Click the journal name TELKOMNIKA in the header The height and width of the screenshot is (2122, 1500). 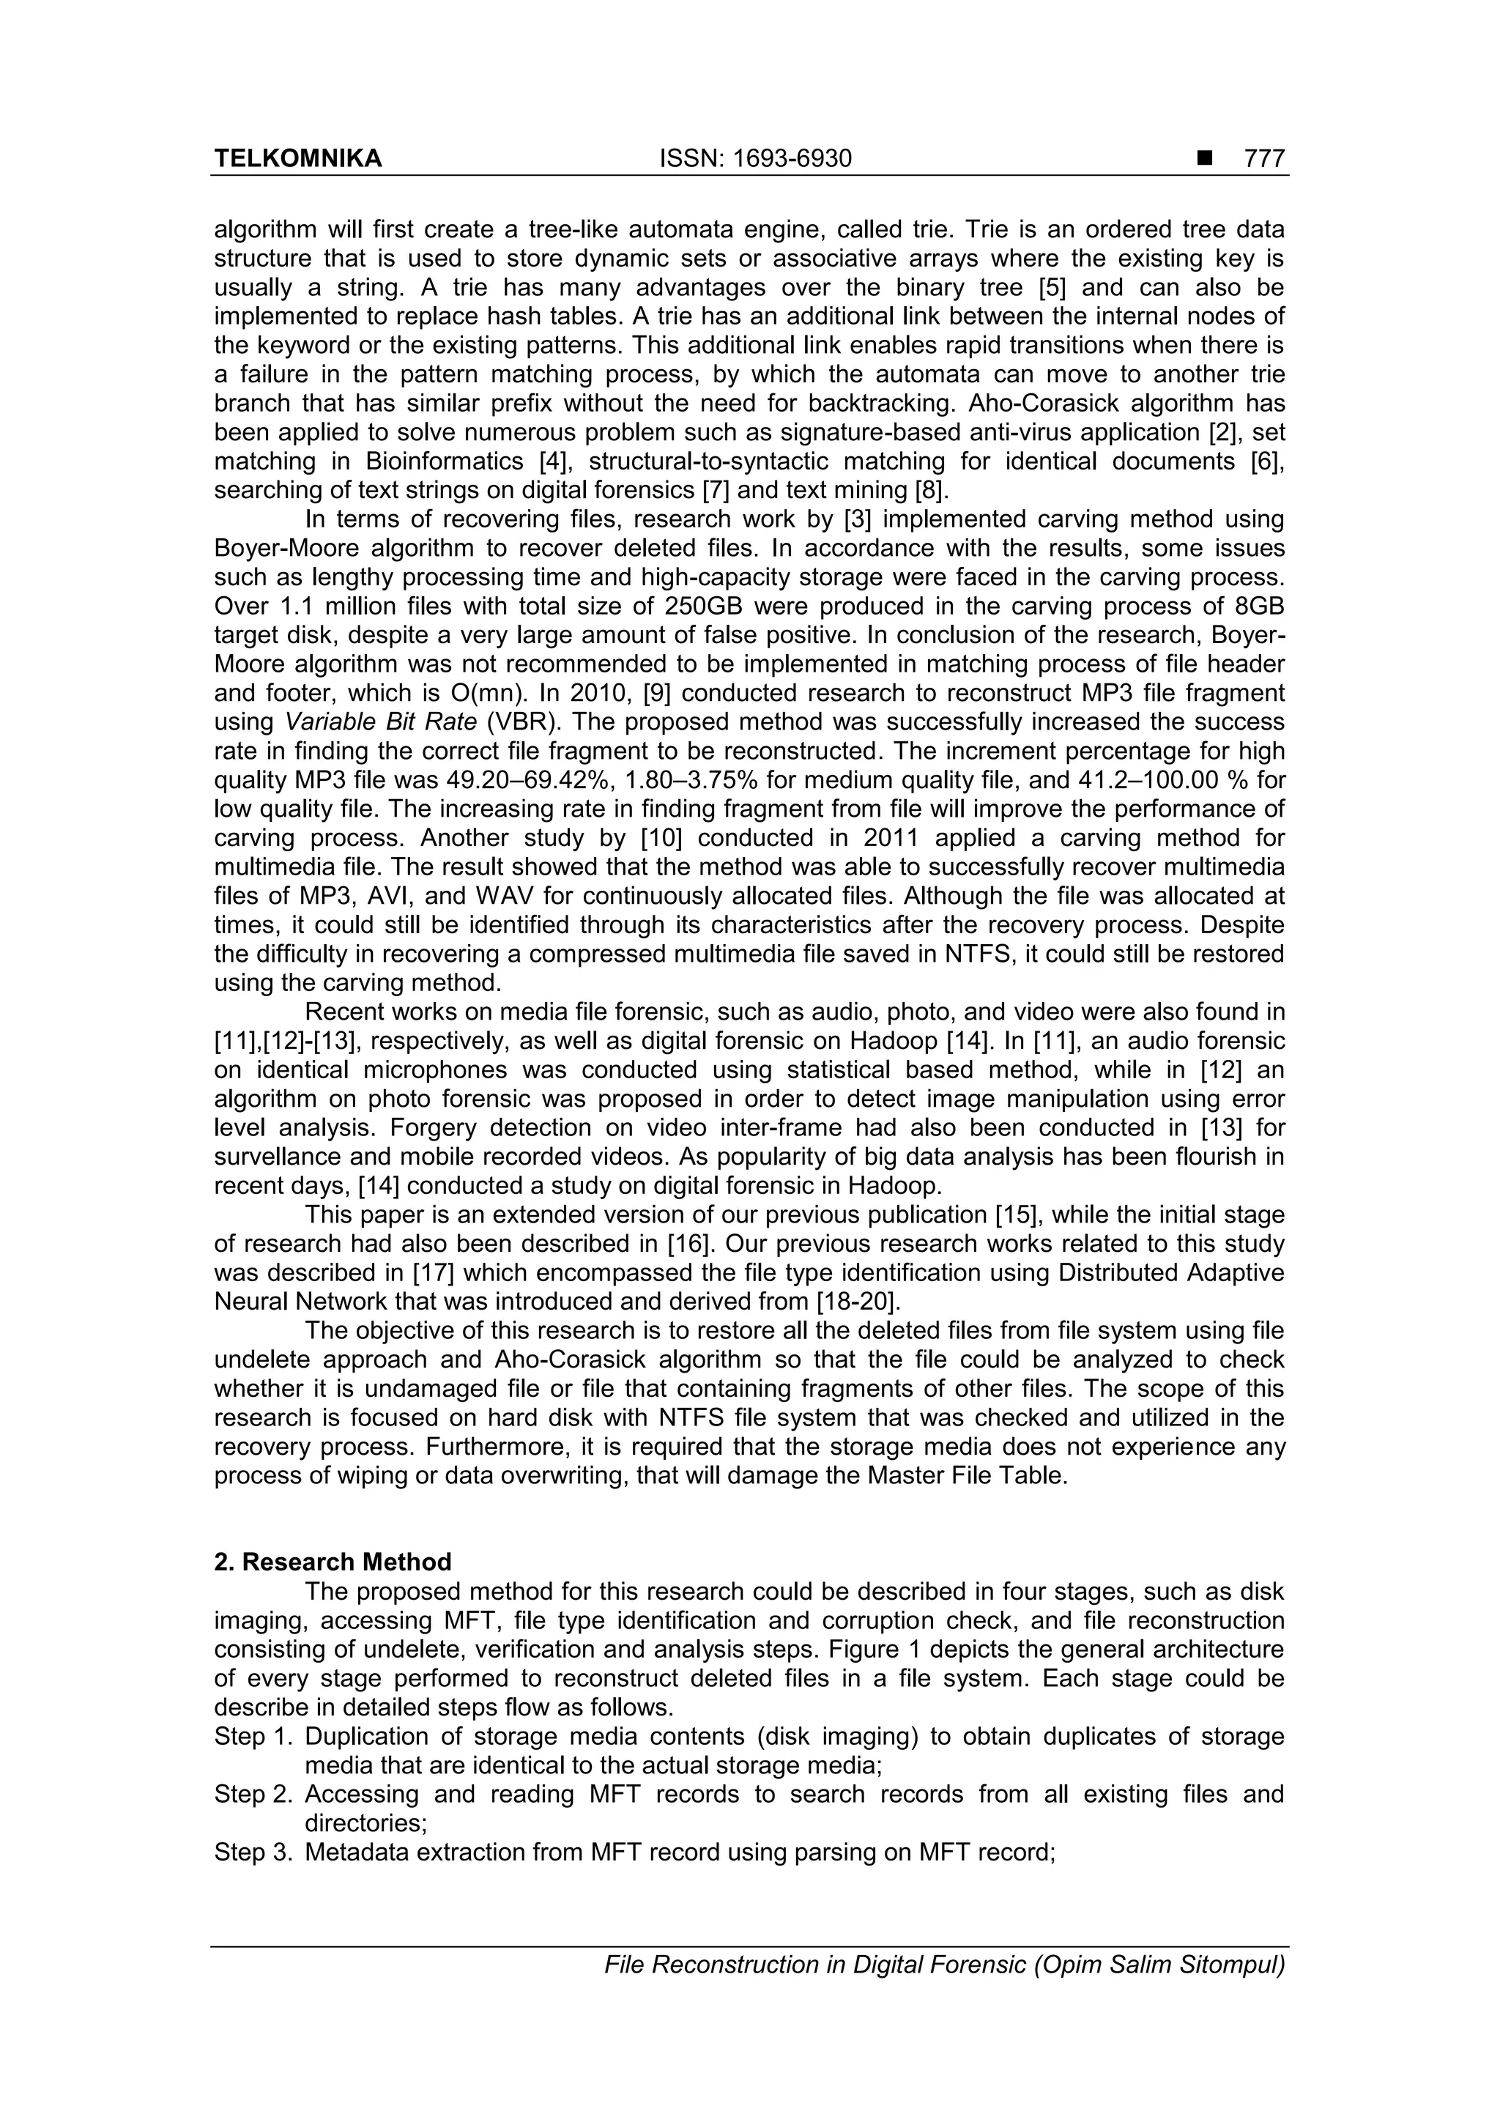coord(297,159)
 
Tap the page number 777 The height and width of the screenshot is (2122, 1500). coord(1264,159)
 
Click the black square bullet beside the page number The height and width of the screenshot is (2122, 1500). coord(1203,159)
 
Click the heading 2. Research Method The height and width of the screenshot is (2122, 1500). coord(333,1562)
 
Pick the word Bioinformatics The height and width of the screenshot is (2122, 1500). coord(448,461)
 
